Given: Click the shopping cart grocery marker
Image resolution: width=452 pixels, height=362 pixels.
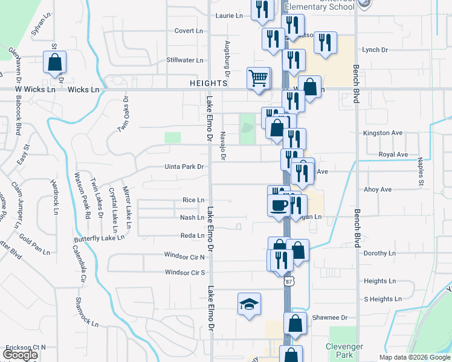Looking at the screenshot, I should [258, 78].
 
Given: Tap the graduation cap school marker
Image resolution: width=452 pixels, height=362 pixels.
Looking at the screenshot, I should [249, 305].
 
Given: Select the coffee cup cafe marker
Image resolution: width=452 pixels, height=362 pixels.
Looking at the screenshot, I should [279, 205].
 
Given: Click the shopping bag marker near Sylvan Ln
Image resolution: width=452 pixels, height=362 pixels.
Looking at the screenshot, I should [54, 62].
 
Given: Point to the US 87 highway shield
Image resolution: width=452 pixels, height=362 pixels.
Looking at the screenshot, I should [290, 281].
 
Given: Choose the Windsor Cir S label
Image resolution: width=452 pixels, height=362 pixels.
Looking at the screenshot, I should [185, 273].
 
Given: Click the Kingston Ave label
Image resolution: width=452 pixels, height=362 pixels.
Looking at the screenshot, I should [383, 133].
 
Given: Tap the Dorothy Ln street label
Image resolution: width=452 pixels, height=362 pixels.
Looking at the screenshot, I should [379, 253].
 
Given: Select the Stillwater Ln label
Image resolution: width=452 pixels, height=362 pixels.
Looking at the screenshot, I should [184, 60].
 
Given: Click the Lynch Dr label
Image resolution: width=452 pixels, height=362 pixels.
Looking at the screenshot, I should [375, 50].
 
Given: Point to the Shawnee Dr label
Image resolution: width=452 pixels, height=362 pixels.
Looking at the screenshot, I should [330, 317].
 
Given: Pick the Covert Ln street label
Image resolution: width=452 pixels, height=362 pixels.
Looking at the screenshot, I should [189, 31].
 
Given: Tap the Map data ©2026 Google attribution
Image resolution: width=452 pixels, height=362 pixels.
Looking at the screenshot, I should [414, 357].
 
